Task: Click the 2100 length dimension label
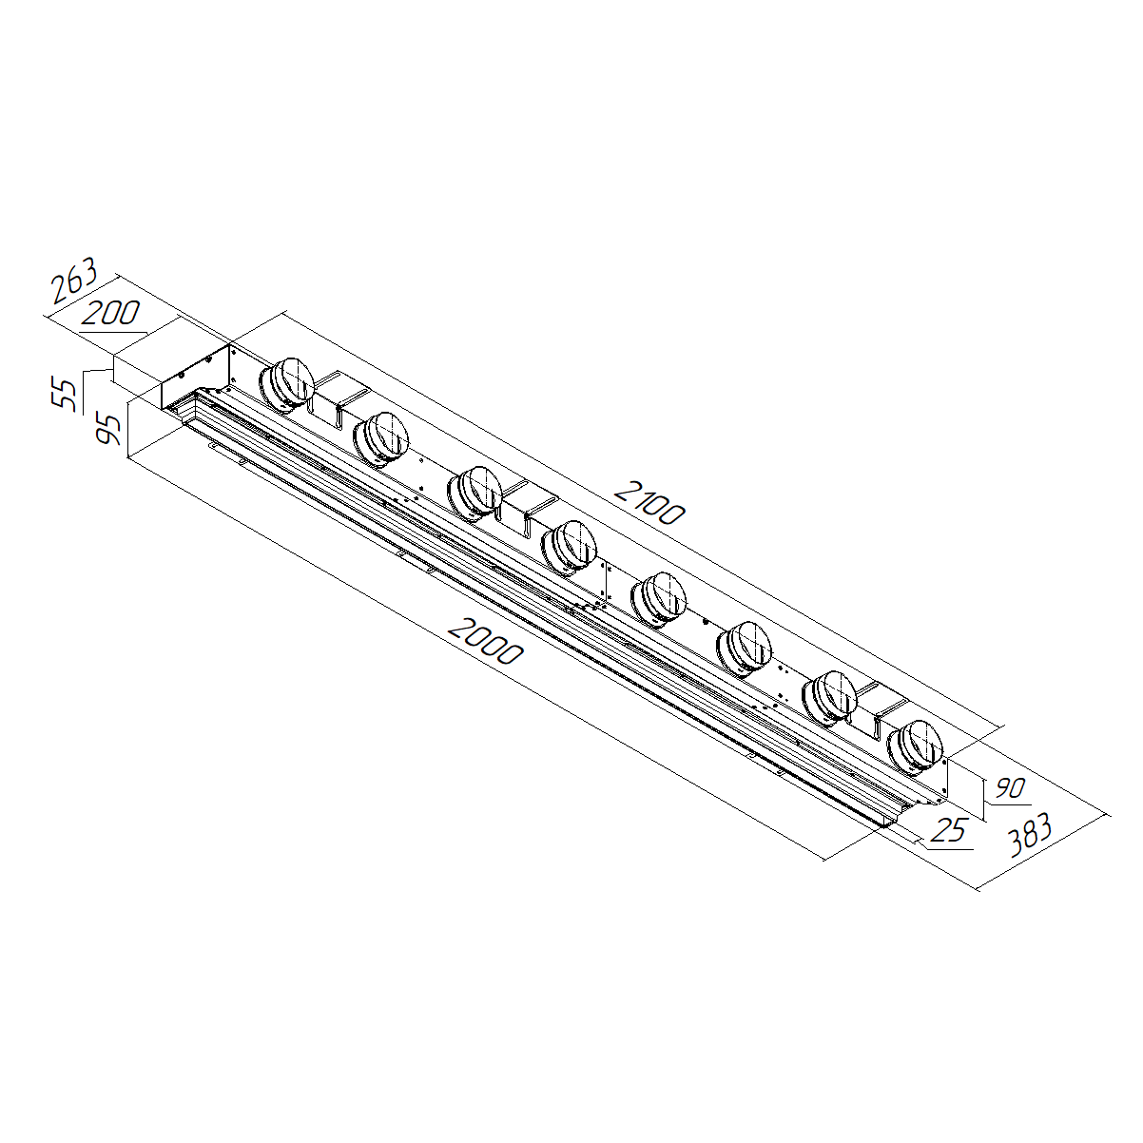[x=649, y=504]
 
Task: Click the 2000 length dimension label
[x=486, y=641]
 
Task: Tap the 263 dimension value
[x=73, y=280]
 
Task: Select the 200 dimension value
[x=111, y=313]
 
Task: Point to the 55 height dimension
[x=64, y=394]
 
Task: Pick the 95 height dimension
[x=108, y=429]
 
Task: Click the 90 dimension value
[x=1010, y=788]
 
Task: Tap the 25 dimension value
[x=950, y=830]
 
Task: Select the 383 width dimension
[x=1030, y=835]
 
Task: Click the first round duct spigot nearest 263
[x=286, y=384]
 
